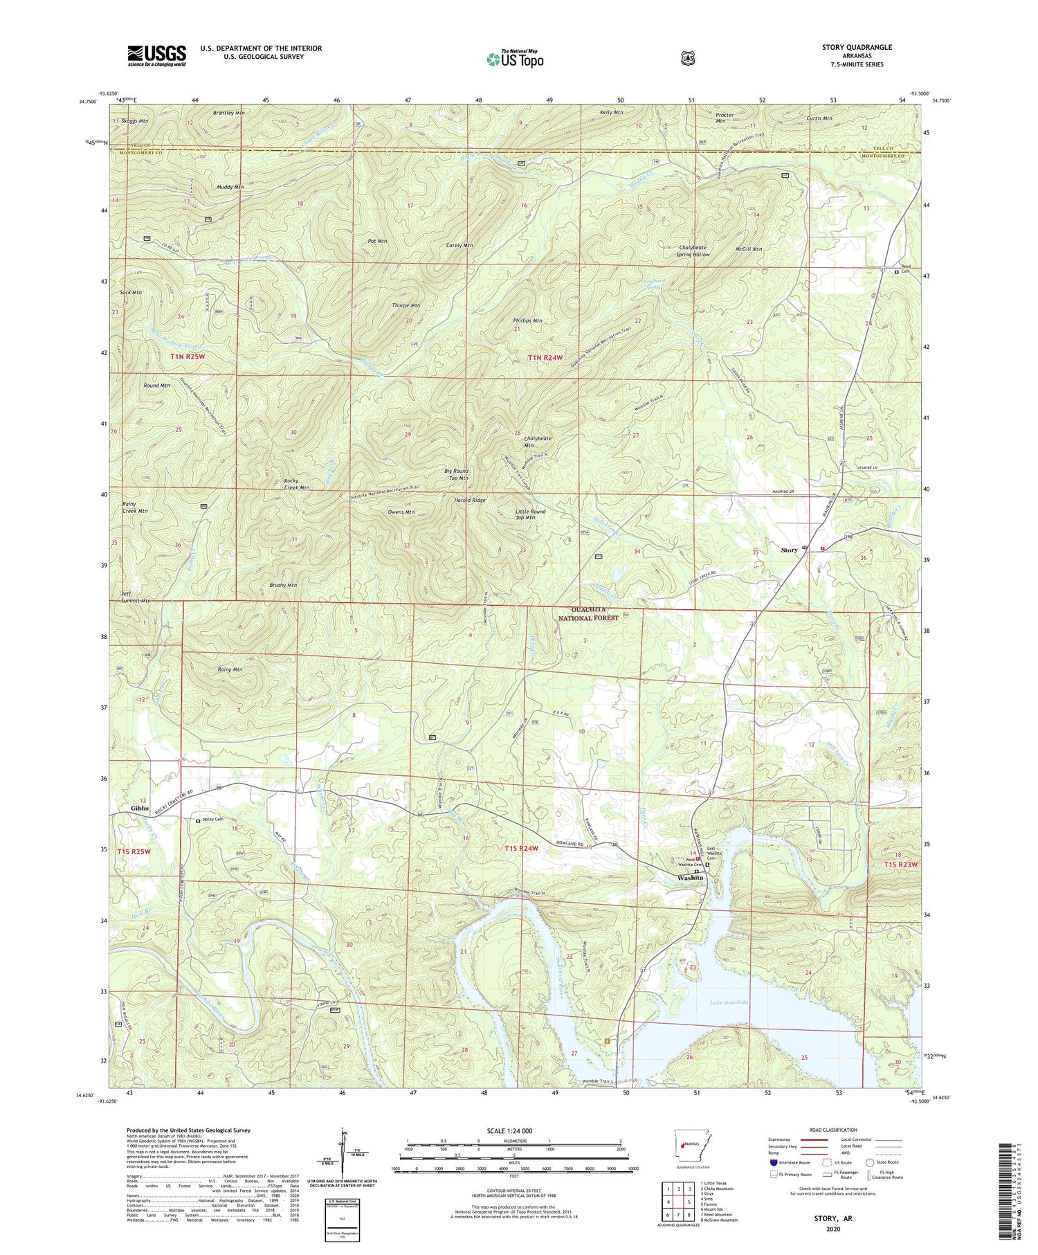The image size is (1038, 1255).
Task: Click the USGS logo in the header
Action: click(156, 55)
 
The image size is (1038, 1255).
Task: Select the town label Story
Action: click(789, 550)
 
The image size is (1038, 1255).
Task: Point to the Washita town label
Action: click(690, 877)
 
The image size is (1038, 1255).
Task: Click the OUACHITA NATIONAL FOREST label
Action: click(587, 613)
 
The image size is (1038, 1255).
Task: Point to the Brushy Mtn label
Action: click(282, 585)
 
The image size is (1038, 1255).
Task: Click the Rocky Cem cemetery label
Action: click(212, 820)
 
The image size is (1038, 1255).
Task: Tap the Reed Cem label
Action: click(906, 269)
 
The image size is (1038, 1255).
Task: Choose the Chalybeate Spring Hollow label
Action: click(693, 251)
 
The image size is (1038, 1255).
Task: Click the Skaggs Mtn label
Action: click(134, 120)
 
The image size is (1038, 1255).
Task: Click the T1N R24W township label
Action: click(547, 357)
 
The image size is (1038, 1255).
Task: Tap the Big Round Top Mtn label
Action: click(456, 474)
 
